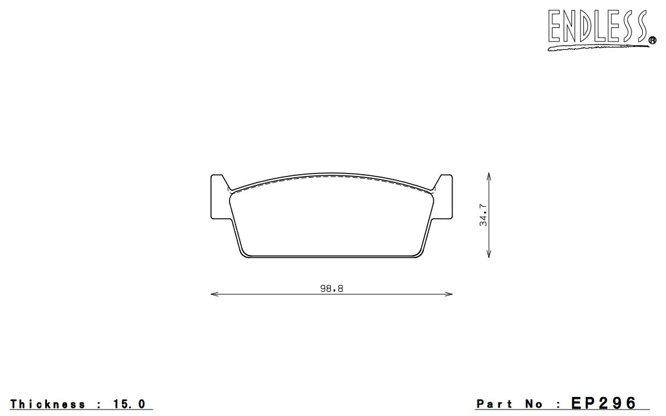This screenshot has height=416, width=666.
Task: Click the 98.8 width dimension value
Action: (x=331, y=289)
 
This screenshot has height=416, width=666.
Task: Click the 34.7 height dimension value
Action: (x=483, y=215)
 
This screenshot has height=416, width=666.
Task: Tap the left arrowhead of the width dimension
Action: (x=215, y=294)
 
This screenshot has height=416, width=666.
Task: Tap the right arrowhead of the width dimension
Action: (x=448, y=294)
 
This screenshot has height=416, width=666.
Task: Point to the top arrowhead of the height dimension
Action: (x=489, y=176)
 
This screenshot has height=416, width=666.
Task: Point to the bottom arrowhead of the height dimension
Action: (x=489, y=254)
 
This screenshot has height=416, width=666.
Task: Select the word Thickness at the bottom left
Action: (x=48, y=404)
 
